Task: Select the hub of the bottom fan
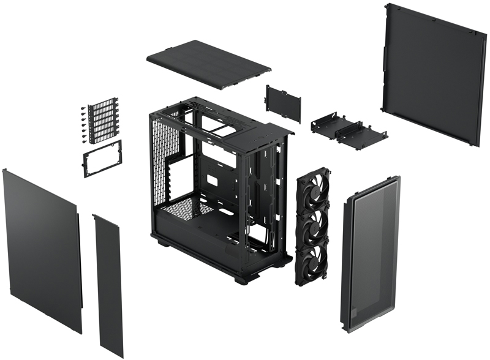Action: click(x=313, y=261)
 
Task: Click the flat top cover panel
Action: click(x=208, y=64)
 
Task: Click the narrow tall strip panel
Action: click(x=108, y=285)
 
